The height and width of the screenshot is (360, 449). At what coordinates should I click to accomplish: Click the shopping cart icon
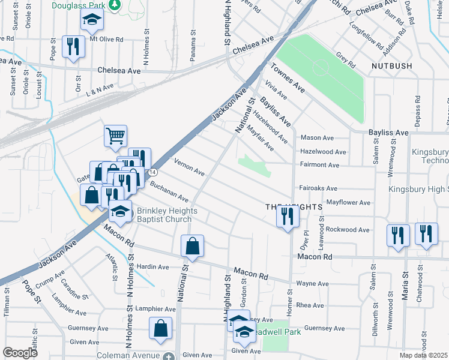pyautogui.click(x=115, y=135)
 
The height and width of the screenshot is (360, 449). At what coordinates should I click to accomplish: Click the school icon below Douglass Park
pyautogui.click(x=92, y=22)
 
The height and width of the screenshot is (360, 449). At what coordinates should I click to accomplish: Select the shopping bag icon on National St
pyautogui.click(x=192, y=246)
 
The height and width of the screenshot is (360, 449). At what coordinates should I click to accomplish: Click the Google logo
pyautogui.click(x=20, y=353)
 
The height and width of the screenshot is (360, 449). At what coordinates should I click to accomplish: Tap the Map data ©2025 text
pyautogui.click(x=424, y=355)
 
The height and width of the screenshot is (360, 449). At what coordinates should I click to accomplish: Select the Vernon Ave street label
pyautogui.click(x=189, y=166)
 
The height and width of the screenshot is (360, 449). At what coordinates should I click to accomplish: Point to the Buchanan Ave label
pyautogui.click(x=169, y=191)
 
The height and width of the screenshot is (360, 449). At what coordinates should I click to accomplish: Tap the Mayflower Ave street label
pyautogui.click(x=348, y=203)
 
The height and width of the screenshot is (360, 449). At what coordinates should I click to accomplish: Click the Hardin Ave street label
pyautogui.click(x=152, y=267)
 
